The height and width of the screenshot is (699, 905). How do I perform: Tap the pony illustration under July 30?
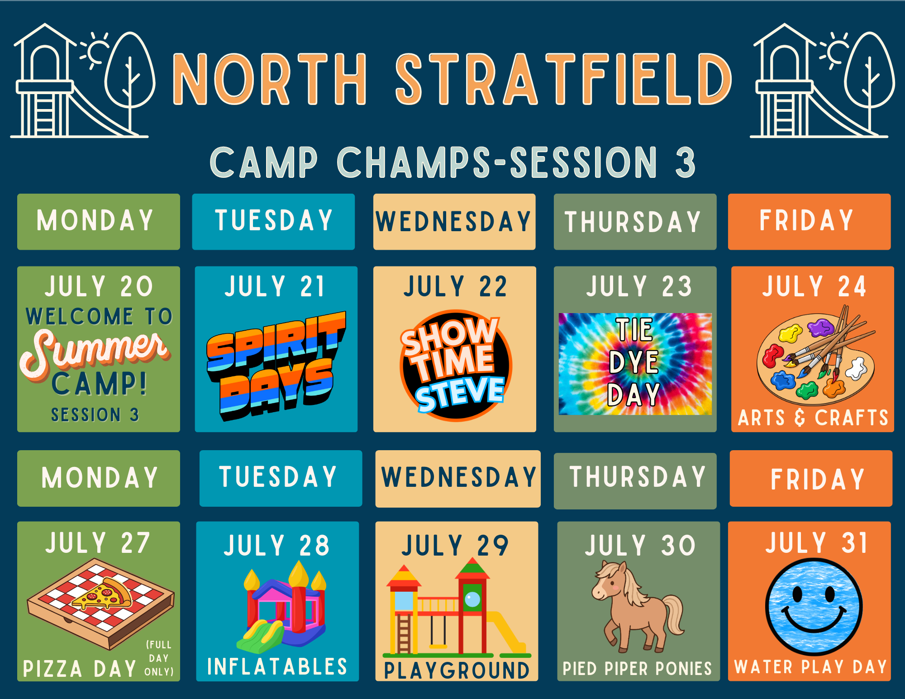pos(638,606)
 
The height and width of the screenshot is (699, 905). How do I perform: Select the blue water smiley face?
pos(814,607)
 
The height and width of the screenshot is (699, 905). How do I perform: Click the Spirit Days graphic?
pos(276,366)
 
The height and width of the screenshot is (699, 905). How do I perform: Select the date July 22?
pos(455,286)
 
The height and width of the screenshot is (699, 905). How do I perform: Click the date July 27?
pos(98,542)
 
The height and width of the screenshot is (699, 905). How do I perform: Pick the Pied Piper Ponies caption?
pos(637,668)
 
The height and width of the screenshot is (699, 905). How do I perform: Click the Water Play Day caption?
pos(810,667)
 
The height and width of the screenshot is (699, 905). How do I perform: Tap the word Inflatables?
pos(277,666)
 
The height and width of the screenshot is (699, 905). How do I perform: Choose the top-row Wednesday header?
pos(454,222)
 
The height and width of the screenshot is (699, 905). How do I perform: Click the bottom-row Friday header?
pos(811,478)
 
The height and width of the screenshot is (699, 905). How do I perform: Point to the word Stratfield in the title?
pos(564,79)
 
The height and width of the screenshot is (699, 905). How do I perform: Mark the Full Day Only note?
pos(159,658)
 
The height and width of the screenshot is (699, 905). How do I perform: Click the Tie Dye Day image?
pos(635,364)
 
